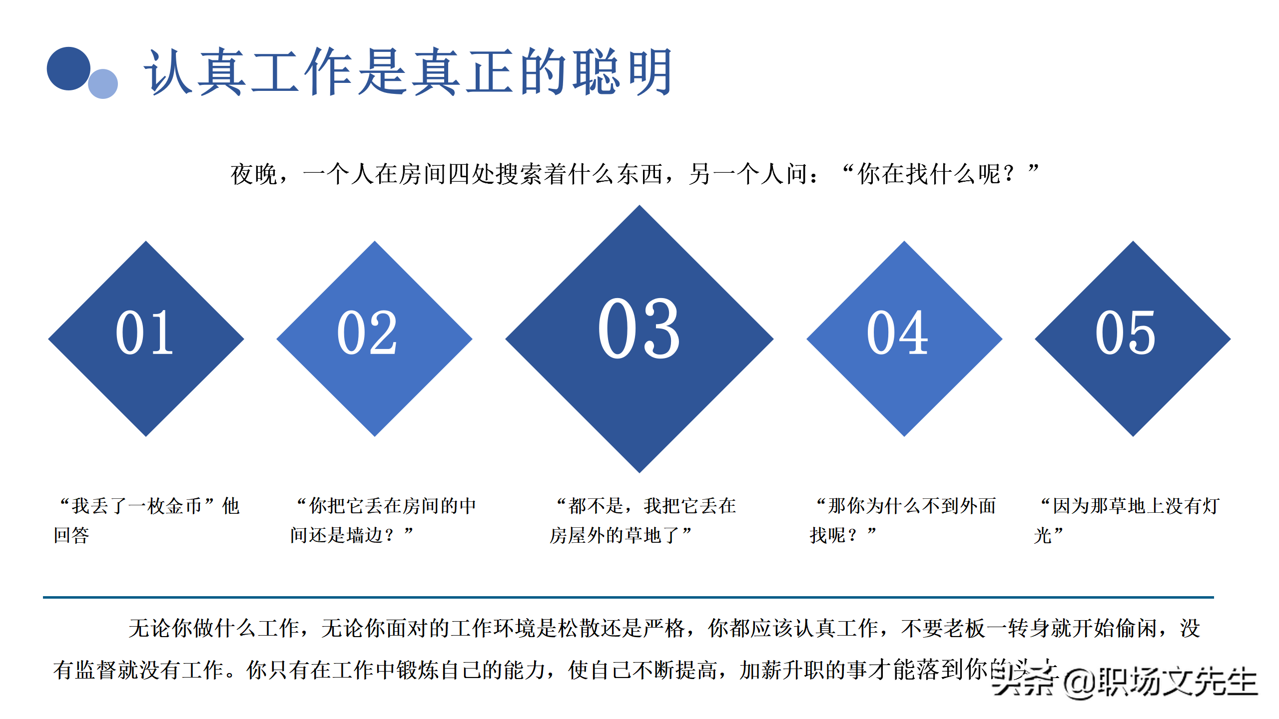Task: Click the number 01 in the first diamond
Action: [x=144, y=333]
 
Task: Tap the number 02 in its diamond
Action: [x=367, y=333]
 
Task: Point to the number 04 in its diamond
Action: [x=897, y=333]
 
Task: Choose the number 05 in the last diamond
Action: [x=1125, y=333]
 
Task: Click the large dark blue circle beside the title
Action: [x=68, y=69]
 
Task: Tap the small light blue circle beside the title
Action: [x=103, y=84]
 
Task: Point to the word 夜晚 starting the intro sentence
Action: [x=254, y=175]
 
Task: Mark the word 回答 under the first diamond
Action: [x=71, y=536]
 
